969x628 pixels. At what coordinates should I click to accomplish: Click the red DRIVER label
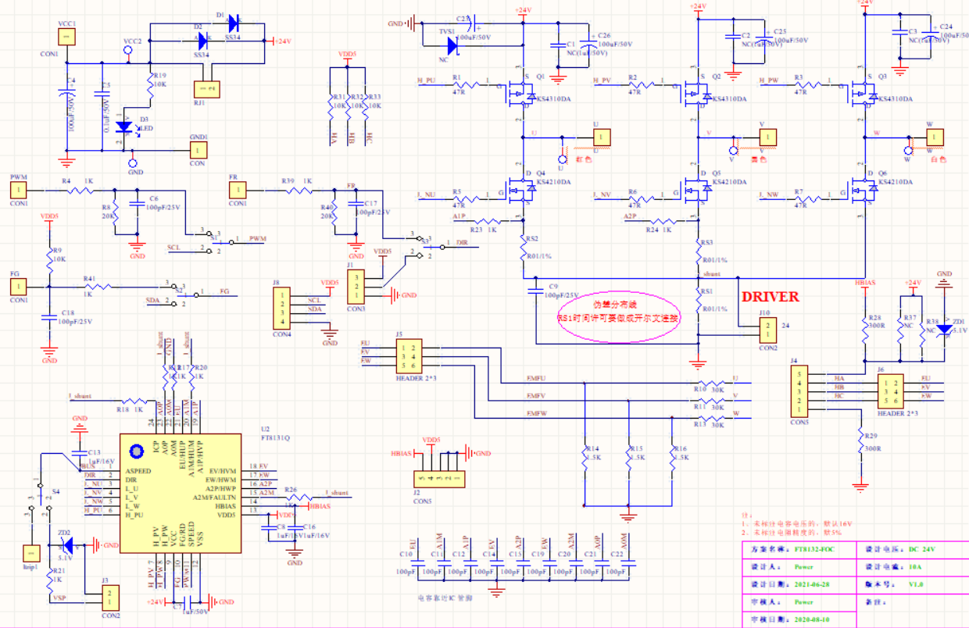point(770,297)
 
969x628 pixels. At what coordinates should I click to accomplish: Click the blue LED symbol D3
point(123,127)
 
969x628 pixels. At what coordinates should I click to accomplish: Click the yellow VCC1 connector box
point(66,37)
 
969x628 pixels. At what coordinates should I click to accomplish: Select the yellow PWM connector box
point(19,190)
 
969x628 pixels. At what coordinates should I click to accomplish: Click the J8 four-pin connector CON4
point(281,309)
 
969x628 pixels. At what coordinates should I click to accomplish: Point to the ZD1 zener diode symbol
point(945,329)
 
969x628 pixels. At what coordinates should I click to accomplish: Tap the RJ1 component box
point(208,90)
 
